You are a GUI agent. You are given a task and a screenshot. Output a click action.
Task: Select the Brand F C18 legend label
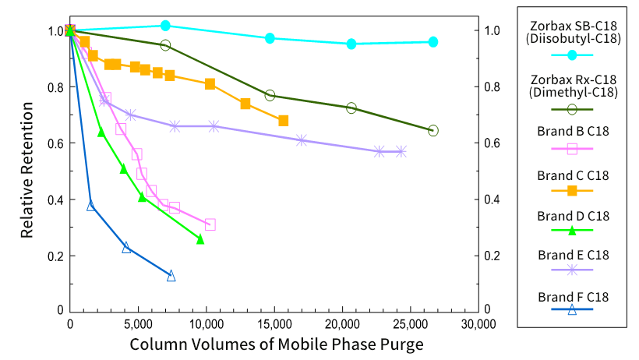point(572,296)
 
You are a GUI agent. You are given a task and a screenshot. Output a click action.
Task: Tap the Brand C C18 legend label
point(572,175)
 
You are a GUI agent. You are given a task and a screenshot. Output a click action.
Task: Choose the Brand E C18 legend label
point(572,255)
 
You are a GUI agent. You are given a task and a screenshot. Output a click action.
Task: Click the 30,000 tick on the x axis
point(476,324)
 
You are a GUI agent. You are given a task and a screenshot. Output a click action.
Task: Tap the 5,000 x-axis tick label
point(138,324)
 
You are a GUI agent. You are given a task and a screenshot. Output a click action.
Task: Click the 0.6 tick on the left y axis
point(54,143)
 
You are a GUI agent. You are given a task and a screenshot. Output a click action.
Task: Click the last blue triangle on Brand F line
point(171,276)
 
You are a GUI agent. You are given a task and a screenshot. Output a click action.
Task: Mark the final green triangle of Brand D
point(200,239)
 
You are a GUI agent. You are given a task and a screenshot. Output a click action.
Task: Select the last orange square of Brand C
point(283,121)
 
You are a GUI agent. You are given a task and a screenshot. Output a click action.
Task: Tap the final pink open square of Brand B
point(210,224)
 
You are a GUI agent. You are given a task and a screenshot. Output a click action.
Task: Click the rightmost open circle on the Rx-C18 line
point(433,130)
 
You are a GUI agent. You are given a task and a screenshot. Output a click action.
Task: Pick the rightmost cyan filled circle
point(433,42)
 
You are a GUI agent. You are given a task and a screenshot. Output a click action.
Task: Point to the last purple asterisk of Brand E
point(401,151)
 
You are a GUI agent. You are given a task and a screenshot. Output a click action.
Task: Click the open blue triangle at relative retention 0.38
point(91,206)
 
